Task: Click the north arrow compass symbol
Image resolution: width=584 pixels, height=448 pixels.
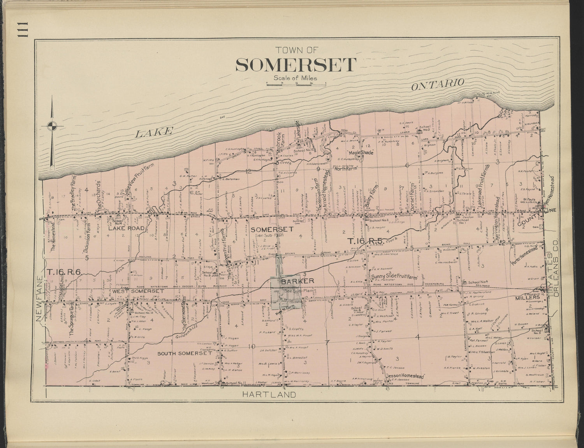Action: tap(52, 126)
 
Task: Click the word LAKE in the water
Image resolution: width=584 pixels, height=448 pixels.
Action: tap(153, 132)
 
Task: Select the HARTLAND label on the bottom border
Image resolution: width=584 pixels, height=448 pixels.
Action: tap(269, 394)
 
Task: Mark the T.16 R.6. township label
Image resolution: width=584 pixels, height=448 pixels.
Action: tap(63, 272)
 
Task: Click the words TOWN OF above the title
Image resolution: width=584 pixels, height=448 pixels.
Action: tap(296, 50)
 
